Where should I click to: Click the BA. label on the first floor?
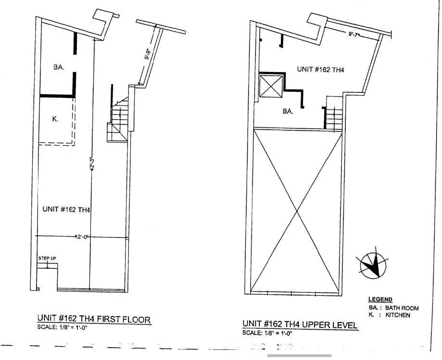pos(59,68)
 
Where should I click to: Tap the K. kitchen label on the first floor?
pos(55,119)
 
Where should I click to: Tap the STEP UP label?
pos(47,259)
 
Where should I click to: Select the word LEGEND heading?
pos(380,299)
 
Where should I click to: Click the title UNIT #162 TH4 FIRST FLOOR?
pos(94,319)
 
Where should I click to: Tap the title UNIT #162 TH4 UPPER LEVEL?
pos(300,325)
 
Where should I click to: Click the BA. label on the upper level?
pos(288,111)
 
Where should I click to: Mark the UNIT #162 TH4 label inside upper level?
pos(320,70)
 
